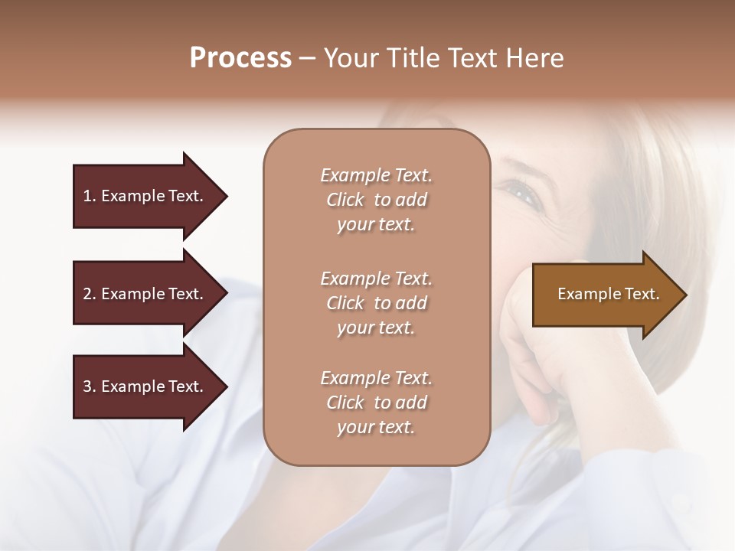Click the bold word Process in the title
[240, 58]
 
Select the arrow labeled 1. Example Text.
[145, 196]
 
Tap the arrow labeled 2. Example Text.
[145, 294]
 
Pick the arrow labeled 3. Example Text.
[145, 386]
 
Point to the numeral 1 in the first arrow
[87, 196]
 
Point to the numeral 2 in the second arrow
[87, 294]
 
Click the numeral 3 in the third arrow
[87, 386]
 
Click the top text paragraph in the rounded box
[376, 200]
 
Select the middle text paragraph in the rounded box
[376, 302]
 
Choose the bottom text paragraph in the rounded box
[376, 403]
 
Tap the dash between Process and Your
[308, 59]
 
